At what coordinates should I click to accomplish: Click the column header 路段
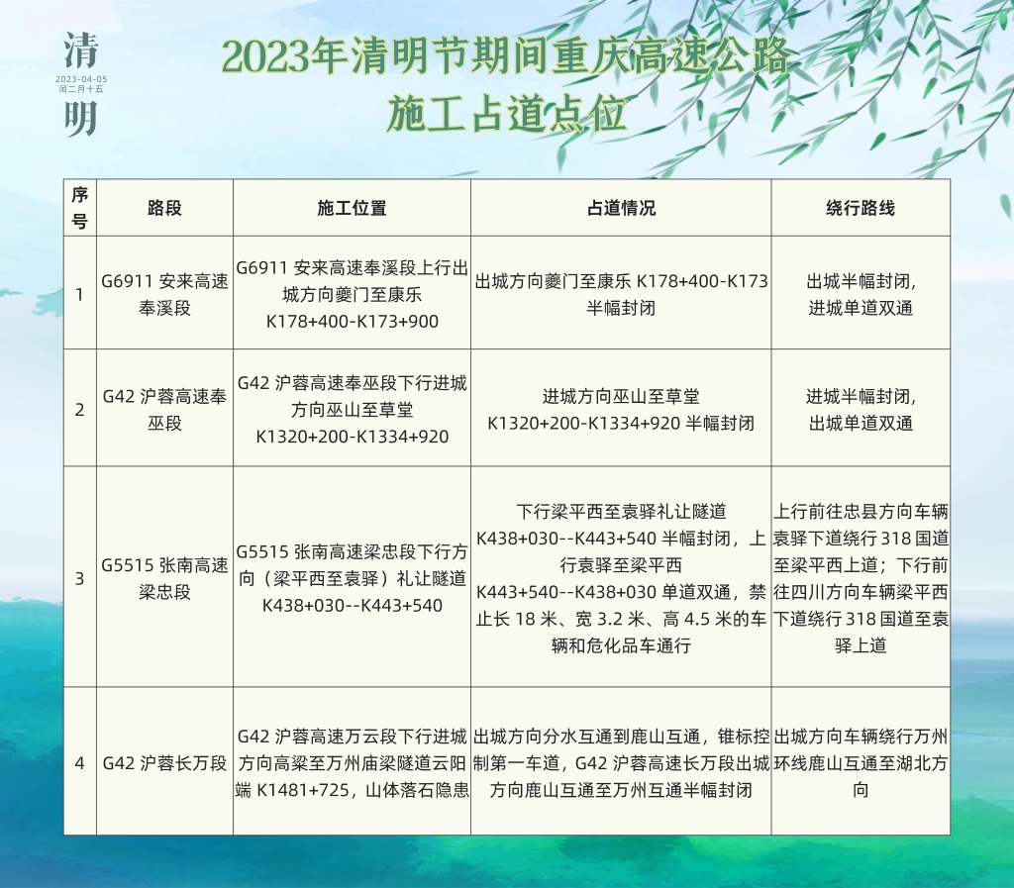point(164,208)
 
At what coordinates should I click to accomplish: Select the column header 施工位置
point(352,208)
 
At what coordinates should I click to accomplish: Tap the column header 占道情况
point(621,208)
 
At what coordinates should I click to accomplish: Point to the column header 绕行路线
point(861,208)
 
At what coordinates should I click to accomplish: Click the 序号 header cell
point(79,208)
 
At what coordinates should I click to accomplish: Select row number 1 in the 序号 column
point(79,295)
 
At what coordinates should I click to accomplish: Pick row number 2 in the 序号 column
point(79,410)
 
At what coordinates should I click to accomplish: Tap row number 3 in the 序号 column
point(79,578)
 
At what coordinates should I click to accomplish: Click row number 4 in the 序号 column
point(79,763)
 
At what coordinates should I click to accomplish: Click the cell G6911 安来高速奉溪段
point(164,295)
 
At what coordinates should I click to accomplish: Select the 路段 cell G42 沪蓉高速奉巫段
point(164,410)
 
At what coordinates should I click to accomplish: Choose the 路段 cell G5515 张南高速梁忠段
point(164,578)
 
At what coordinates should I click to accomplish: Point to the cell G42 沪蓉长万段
point(164,763)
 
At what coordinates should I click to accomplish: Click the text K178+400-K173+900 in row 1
point(352,321)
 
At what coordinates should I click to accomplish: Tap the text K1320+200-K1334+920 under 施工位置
point(352,437)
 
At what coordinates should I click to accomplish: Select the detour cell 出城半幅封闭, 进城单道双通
point(861,295)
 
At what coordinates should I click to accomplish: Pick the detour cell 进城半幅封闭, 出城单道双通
point(861,410)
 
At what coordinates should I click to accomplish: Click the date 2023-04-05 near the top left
point(81,79)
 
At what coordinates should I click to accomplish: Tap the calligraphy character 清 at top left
point(81,50)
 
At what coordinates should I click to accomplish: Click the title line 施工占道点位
point(506,115)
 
